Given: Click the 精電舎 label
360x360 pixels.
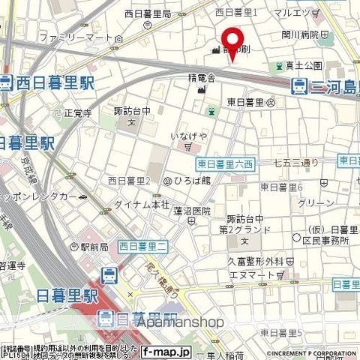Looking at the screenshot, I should click(x=202, y=77).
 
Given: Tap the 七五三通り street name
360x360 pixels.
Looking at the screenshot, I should click(x=296, y=163).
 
